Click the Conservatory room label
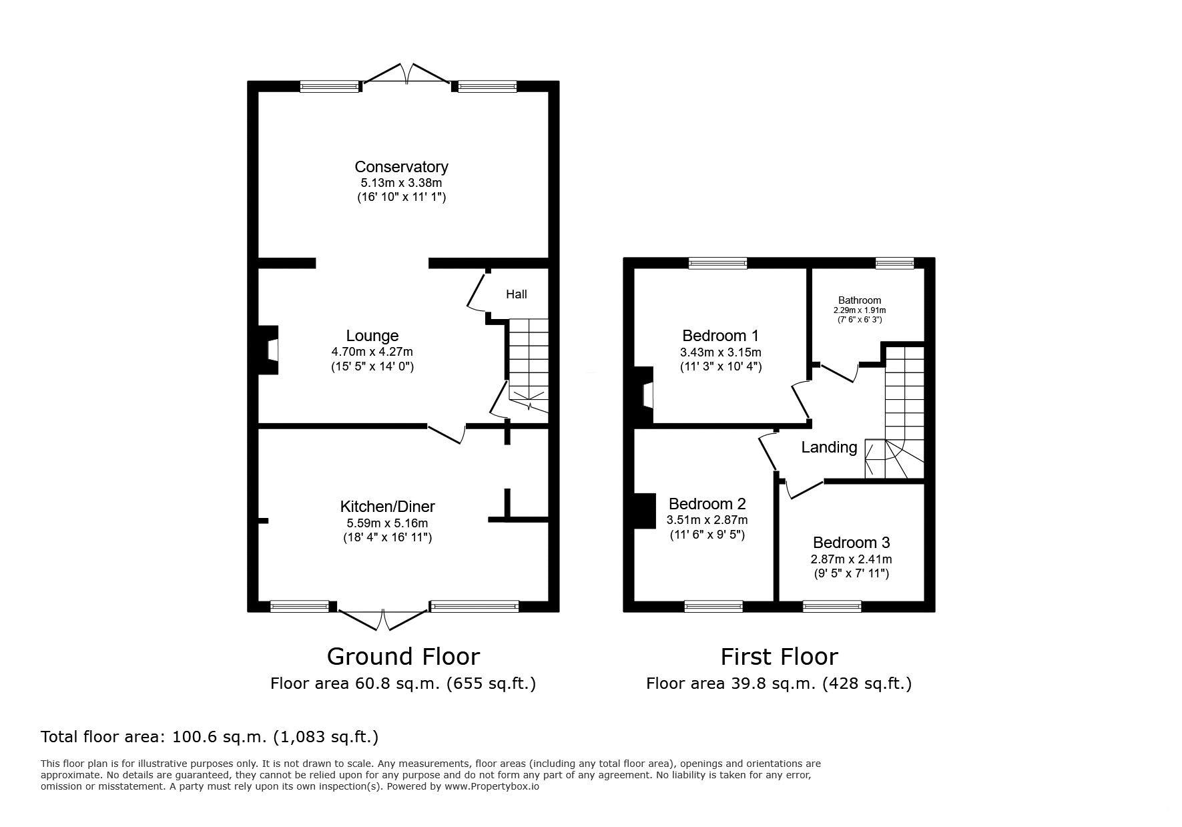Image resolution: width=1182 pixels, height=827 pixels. point(401,167)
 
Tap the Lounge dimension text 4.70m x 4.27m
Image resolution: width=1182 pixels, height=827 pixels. point(372,352)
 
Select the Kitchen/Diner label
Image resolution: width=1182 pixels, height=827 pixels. point(388,507)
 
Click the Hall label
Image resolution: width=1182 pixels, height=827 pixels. point(516,294)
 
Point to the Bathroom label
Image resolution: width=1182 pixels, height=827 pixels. point(860,300)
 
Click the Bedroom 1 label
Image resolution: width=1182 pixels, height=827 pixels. point(720,336)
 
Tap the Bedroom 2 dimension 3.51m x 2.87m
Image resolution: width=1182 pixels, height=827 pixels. point(707,520)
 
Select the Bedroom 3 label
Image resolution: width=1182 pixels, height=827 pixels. point(851,543)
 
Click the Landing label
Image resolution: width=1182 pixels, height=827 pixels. point(829,447)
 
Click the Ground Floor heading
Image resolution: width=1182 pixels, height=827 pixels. point(403,657)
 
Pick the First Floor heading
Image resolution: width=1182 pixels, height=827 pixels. point(779,657)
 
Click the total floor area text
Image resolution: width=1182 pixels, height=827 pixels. point(210,737)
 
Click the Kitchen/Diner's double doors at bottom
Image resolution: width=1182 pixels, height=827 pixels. point(384,619)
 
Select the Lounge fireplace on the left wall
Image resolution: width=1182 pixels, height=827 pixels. point(268,350)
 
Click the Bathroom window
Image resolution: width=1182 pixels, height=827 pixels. point(894,263)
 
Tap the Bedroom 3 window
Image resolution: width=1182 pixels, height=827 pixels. point(832,606)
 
